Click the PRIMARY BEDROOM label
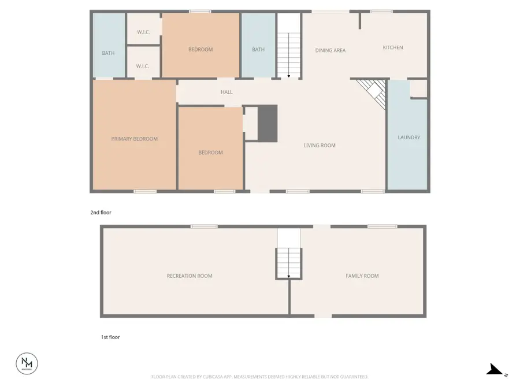click(134, 139)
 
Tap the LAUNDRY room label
click(408, 138)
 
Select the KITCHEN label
click(393, 47)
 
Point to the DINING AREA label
click(330, 50)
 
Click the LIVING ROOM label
click(320, 146)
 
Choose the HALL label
click(226, 92)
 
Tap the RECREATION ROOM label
click(190, 276)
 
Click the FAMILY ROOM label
click(362, 276)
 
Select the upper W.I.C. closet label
click(144, 32)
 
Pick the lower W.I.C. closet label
click(143, 66)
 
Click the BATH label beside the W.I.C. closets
click(108, 53)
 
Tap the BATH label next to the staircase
click(258, 50)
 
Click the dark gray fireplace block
click(268, 123)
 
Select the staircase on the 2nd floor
click(289, 55)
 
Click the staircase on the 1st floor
click(289, 263)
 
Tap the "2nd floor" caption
click(101, 213)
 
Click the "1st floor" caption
click(110, 337)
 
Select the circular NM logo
click(27, 363)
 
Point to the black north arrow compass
click(495, 370)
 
